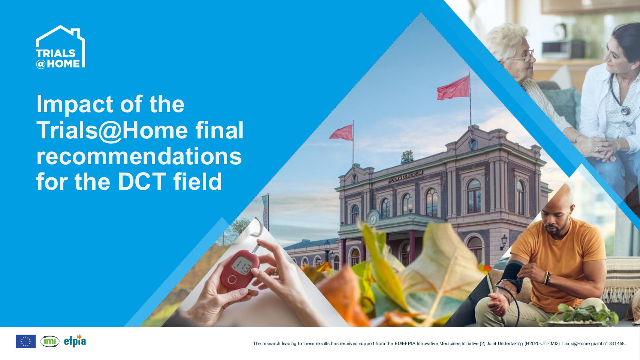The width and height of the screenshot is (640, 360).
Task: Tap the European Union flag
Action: click(x=26, y=341)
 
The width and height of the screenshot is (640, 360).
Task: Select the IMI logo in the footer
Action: click(x=50, y=341)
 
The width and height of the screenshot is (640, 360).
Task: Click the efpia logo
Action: click(x=75, y=341)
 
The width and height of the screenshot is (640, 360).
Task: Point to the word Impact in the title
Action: click(x=75, y=105)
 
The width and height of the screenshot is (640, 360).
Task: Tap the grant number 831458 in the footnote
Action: click(x=617, y=343)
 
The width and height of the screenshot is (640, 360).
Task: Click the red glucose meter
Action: click(x=240, y=268)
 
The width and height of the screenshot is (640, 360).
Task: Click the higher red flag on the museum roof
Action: click(x=453, y=88)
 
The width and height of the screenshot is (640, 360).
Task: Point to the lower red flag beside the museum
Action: click(x=342, y=133)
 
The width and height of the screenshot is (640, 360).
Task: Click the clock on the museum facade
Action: click(x=373, y=219)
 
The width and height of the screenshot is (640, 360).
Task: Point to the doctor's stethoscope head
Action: click(x=625, y=110)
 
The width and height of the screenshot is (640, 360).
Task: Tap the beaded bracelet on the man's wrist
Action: click(x=547, y=278)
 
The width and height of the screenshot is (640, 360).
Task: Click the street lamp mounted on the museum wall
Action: click(x=504, y=242)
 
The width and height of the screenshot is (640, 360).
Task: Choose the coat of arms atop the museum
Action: click(x=407, y=157)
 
